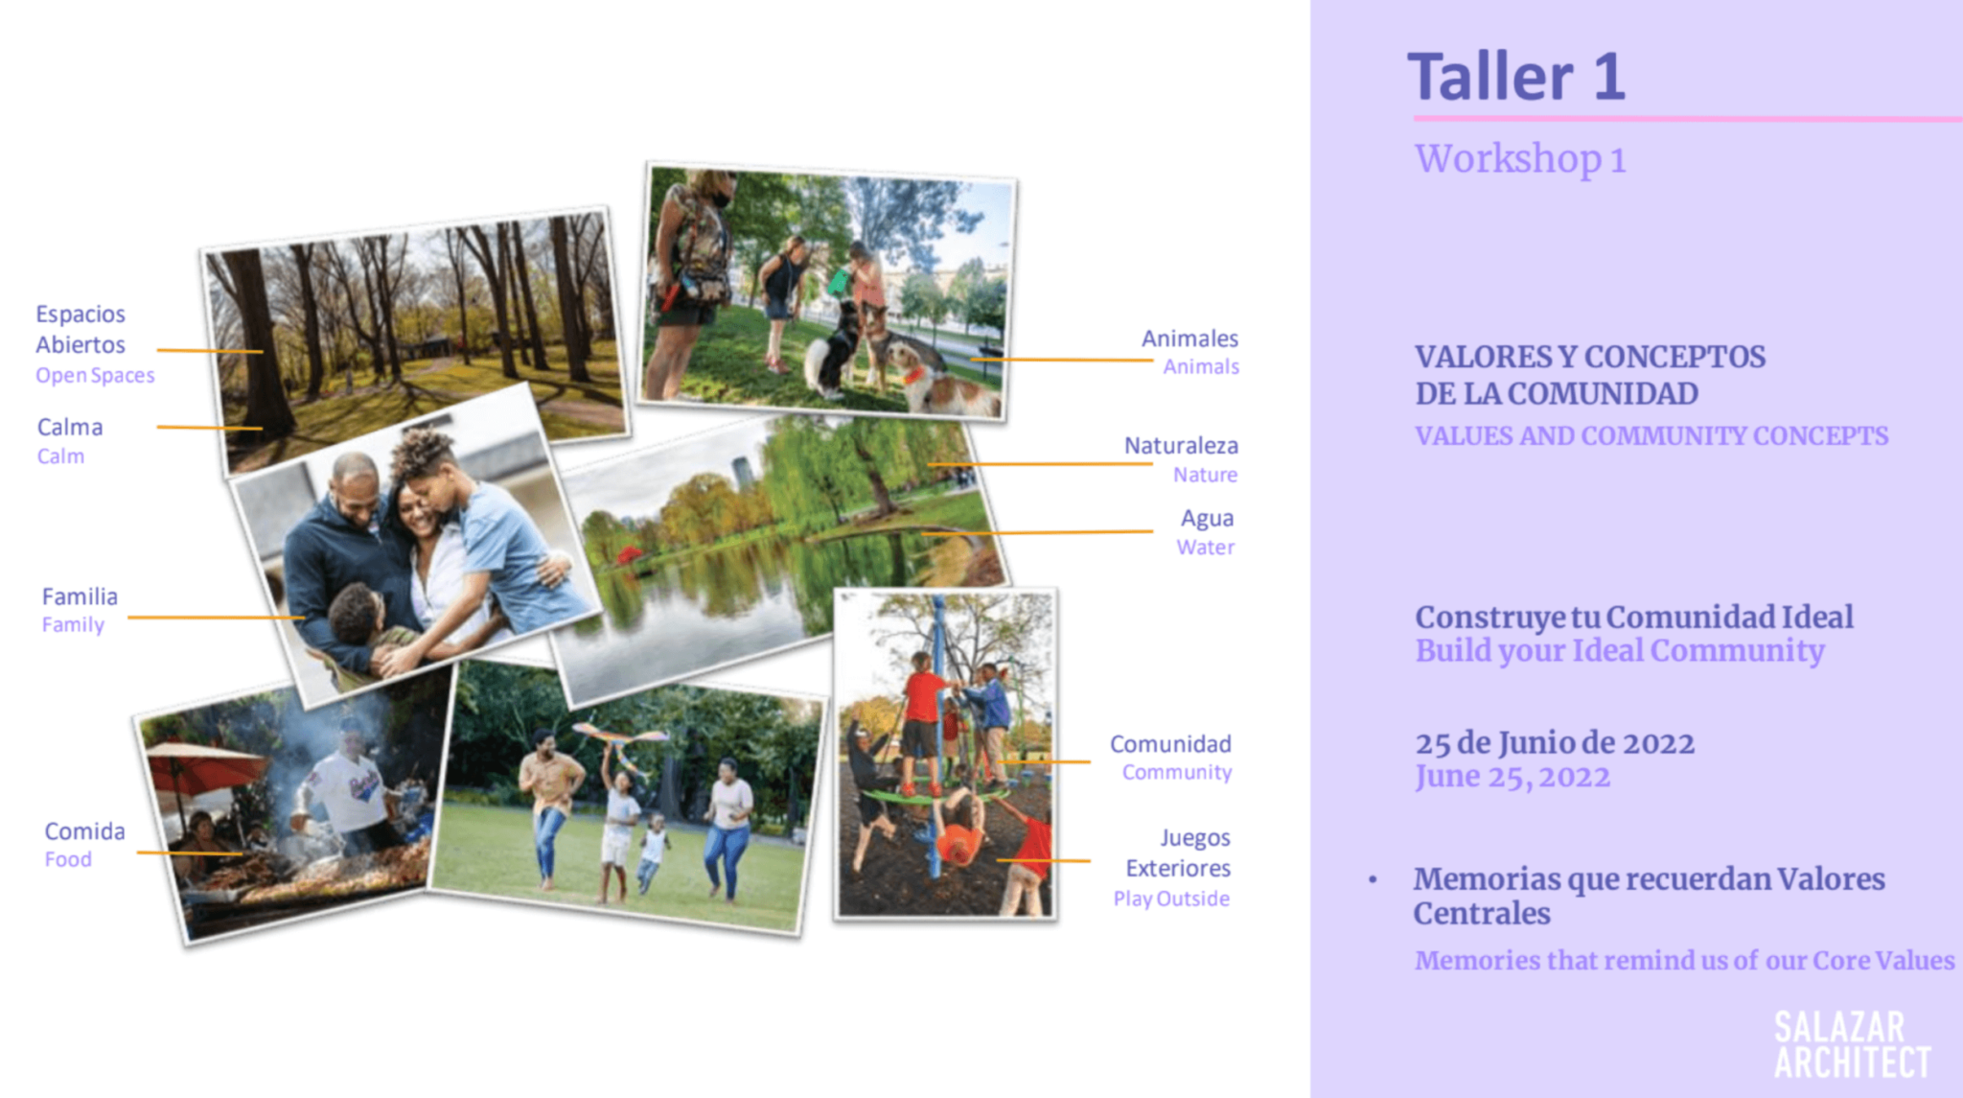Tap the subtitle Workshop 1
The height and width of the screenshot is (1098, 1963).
[x=1520, y=159]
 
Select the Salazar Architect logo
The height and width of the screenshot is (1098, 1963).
[x=1852, y=1044]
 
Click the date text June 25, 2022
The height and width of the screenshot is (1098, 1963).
[x=1513, y=776]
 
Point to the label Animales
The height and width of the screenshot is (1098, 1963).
[x=1189, y=339]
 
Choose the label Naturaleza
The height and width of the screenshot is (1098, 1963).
[x=1181, y=446]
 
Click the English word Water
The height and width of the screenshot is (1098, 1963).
[x=1206, y=548]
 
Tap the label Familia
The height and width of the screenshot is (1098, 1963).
[x=80, y=596]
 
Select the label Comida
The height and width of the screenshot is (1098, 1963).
[x=84, y=831]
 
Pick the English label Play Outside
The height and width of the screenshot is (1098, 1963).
[x=1171, y=899]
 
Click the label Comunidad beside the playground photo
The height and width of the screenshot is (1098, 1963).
[x=1170, y=744]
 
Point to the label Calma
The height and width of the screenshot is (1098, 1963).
[x=70, y=428]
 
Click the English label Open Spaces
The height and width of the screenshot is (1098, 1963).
[x=95, y=376]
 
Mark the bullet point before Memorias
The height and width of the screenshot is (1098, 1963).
[x=1373, y=879]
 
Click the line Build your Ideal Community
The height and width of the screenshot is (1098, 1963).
[x=1620, y=651]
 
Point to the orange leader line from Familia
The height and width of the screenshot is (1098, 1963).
[x=217, y=618]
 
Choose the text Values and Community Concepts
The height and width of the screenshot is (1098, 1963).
[x=1651, y=436]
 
